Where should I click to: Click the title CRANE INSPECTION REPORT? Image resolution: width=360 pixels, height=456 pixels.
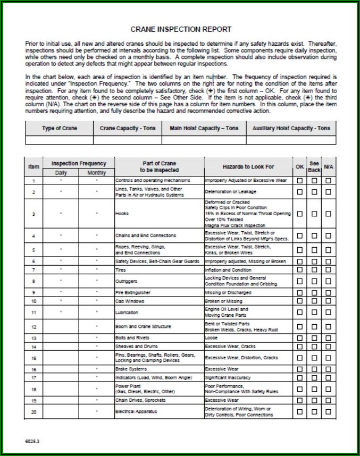181,29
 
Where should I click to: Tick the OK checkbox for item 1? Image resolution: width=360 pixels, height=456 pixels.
300,181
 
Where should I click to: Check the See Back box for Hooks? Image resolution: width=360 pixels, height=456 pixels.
314,214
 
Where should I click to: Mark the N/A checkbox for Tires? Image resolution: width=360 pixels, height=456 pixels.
328,270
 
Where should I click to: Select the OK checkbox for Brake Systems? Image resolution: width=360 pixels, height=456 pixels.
300,369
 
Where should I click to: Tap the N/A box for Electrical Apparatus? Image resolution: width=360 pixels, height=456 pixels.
328,411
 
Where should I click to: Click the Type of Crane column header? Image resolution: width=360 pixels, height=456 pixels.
60,129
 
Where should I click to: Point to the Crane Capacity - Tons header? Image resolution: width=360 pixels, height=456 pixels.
128,129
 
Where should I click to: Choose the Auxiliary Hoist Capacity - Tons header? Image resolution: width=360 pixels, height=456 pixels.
291,129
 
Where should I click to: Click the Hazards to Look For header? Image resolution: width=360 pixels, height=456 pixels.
248,167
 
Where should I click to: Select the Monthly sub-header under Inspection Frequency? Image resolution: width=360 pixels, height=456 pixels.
96,173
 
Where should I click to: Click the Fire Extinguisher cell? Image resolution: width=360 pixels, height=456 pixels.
133,292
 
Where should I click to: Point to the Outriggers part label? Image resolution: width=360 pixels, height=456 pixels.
125,281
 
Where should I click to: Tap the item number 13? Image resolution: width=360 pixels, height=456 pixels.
34,338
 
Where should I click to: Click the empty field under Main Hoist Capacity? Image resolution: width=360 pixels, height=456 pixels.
204,140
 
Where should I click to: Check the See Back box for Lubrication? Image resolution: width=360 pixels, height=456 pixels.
314,313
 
